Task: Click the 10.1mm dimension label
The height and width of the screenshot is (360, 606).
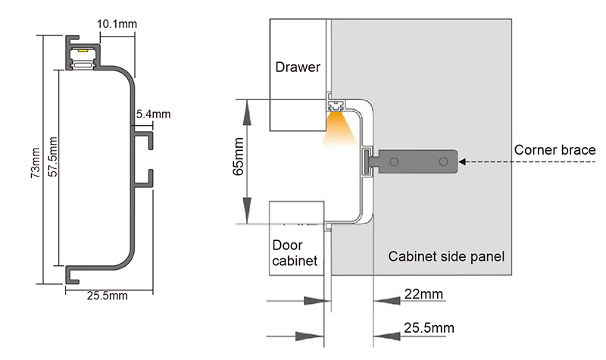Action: pyautogui.click(x=117, y=24)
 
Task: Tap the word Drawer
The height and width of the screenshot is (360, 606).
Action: pyautogui.click(x=298, y=67)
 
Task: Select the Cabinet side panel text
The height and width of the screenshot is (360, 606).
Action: pyautogui.click(x=445, y=256)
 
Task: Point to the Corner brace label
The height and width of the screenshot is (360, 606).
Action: pyautogui.click(x=554, y=149)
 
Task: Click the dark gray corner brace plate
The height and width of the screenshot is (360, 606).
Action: pyautogui.click(x=417, y=161)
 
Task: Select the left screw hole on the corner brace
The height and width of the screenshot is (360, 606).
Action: pyautogui.click(x=393, y=161)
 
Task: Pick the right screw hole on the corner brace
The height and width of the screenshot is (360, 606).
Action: pyautogui.click(x=444, y=161)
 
